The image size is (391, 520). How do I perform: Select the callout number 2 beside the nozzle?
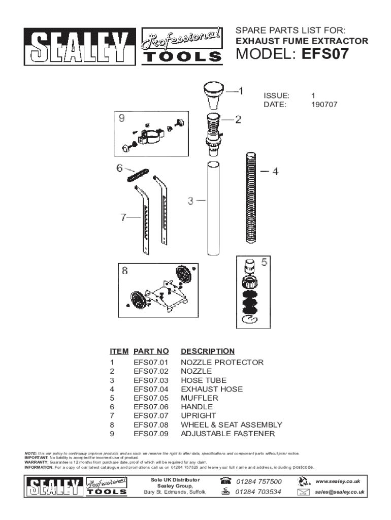click(x=238, y=120)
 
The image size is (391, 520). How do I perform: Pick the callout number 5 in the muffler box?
click(x=264, y=263)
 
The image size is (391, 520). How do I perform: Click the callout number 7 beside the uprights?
click(x=123, y=217)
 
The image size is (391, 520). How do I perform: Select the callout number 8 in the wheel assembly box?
click(x=125, y=271)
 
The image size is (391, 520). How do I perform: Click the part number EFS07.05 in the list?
click(x=150, y=398)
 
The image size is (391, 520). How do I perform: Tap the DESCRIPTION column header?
click(x=208, y=351)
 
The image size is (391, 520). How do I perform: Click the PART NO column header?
click(x=151, y=351)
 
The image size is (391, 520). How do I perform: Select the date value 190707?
click(x=324, y=105)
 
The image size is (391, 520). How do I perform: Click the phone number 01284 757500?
click(x=259, y=481)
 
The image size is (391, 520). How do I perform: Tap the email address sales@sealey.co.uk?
click(x=340, y=492)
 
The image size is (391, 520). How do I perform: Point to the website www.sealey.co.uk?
click(x=338, y=481)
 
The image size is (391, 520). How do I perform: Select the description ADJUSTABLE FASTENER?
click(x=228, y=434)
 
